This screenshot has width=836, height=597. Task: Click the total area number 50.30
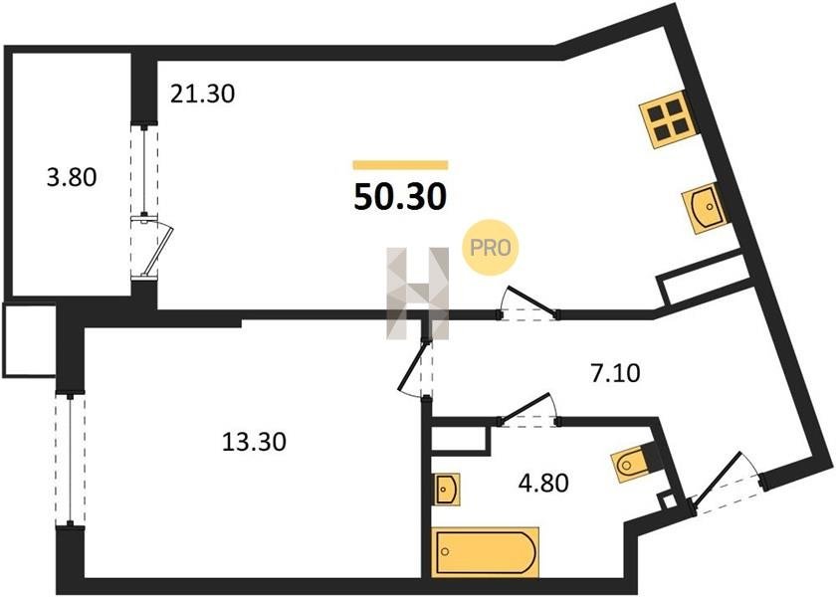click(400, 197)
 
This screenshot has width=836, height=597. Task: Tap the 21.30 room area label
click(203, 95)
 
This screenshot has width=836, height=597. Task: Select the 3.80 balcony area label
click(72, 177)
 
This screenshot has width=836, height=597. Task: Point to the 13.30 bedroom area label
click(254, 442)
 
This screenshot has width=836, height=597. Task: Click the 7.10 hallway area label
click(615, 373)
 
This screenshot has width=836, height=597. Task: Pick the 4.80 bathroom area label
click(543, 483)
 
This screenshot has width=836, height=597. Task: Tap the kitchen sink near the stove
click(704, 208)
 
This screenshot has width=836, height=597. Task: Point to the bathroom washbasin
click(446, 489)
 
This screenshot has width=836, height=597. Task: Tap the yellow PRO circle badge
click(490, 248)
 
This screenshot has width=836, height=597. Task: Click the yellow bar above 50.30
click(400, 165)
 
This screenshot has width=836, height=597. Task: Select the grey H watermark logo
click(418, 294)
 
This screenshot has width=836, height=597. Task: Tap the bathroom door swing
click(527, 410)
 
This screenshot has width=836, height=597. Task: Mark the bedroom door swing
click(417, 368)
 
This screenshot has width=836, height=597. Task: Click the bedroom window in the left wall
click(70, 460)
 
